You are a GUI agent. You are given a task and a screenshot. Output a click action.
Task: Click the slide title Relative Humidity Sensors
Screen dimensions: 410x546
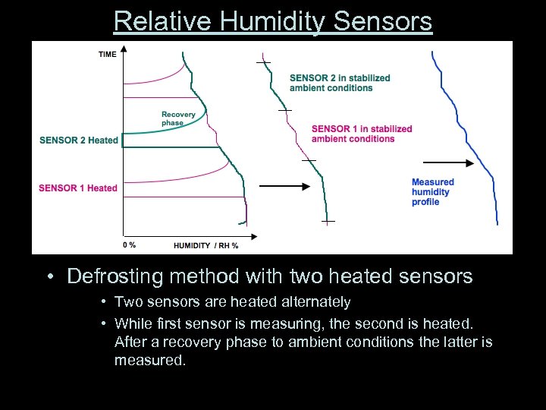click(x=273, y=20)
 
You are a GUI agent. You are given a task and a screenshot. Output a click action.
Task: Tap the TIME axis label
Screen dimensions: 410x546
click(x=107, y=54)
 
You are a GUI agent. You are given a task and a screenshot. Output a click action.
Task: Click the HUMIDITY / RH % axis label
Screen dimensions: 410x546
click(x=206, y=245)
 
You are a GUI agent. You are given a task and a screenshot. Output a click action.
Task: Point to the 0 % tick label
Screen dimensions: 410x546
click(x=129, y=244)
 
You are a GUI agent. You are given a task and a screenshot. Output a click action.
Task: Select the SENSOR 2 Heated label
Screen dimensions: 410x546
click(x=79, y=140)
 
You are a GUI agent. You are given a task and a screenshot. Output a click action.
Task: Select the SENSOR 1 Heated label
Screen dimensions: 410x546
click(x=78, y=188)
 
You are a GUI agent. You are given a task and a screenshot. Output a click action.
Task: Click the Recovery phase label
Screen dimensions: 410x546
click(x=178, y=118)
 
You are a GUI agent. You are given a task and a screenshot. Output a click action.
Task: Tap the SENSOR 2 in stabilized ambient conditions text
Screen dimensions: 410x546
click(x=340, y=83)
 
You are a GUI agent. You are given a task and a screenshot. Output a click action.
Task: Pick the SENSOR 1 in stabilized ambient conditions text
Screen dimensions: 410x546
click(x=362, y=134)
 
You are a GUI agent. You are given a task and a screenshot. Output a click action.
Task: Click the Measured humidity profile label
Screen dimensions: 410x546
click(x=432, y=192)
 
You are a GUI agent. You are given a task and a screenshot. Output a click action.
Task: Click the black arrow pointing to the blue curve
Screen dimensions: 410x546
click(x=447, y=162)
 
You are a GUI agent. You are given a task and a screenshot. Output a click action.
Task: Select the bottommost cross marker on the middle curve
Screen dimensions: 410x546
click(x=328, y=221)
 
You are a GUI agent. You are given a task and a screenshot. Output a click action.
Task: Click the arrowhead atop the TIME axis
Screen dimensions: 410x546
click(x=123, y=49)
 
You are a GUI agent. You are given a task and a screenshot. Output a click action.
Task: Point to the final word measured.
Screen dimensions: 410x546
click(x=149, y=360)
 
